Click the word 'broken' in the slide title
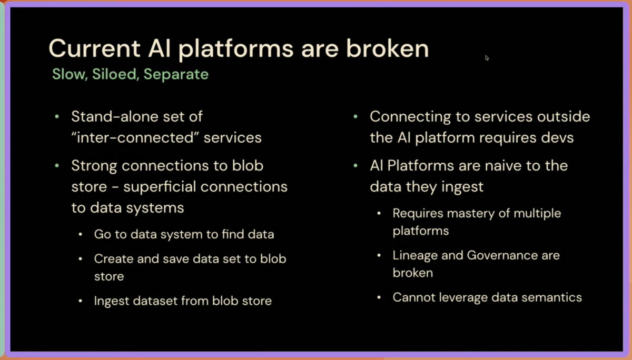pyautogui.click(x=388, y=48)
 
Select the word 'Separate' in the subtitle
pyautogui.click(x=176, y=74)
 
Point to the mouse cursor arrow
pyautogui.click(x=487, y=58)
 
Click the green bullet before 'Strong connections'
pyautogui.click(x=57, y=165)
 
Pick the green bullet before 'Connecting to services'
pyautogui.click(x=355, y=116)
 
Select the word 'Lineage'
pyautogui.click(x=414, y=256)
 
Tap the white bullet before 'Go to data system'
pyautogui.click(x=81, y=235)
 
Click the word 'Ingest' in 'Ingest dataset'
pyautogui.click(x=112, y=302)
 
